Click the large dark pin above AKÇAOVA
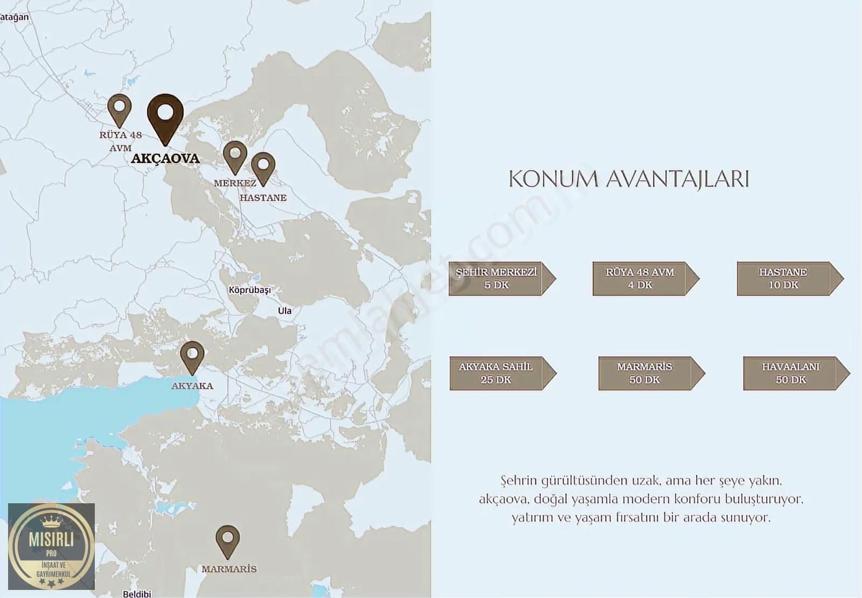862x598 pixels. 165,116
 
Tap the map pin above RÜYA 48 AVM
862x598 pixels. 120,109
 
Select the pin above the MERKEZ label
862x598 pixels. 235,156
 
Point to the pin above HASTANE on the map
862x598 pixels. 263,167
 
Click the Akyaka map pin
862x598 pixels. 192,356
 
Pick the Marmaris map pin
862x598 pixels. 227,540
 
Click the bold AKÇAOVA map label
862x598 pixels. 165,159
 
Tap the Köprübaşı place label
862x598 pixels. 249,290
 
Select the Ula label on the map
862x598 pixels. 284,311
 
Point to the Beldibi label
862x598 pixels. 137,594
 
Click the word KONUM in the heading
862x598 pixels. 553,179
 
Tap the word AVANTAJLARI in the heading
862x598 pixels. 678,179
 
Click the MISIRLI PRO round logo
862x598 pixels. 52,546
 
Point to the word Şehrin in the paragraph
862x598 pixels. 519,480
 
